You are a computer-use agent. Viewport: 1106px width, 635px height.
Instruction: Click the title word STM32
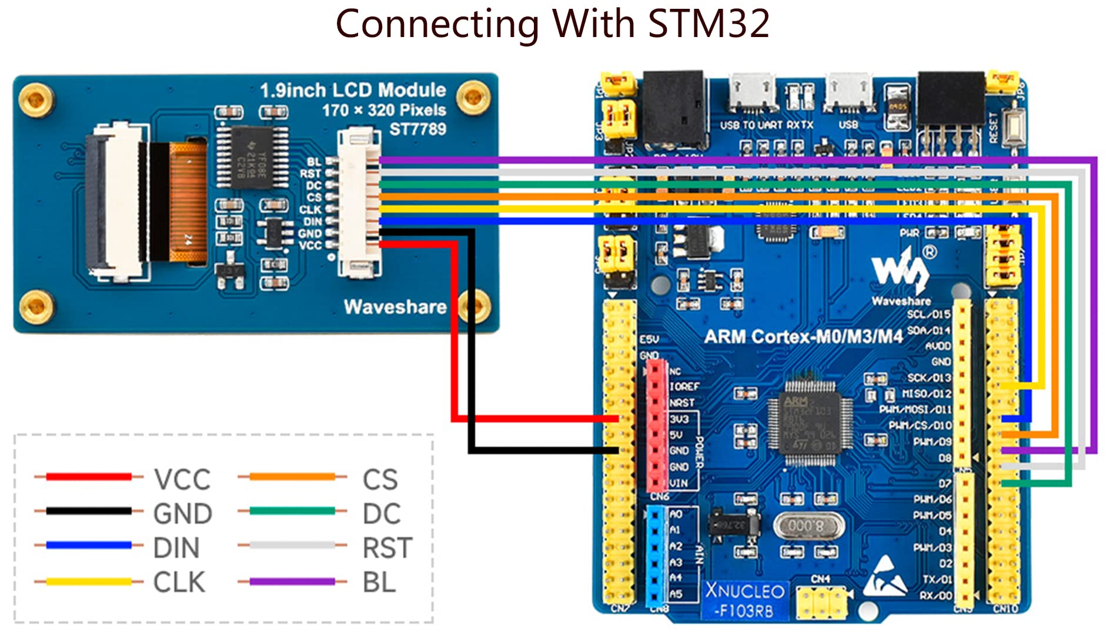[x=709, y=25]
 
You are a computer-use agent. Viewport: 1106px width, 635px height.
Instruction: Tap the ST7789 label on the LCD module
[x=417, y=129]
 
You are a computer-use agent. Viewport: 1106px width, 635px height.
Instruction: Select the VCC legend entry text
[x=182, y=480]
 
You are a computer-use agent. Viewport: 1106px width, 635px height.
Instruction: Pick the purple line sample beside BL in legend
[x=292, y=582]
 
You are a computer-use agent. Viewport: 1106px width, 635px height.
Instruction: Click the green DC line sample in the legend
[x=292, y=511]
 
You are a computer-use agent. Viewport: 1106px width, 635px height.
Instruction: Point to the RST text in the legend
[x=387, y=548]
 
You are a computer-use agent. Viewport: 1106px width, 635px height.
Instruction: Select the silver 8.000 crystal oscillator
[x=807, y=526]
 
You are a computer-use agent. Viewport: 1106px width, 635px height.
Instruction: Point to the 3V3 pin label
[x=679, y=419]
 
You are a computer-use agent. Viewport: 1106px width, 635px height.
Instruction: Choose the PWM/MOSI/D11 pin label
[x=915, y=409]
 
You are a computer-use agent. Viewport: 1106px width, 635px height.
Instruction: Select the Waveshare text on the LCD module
[x=395, y=307]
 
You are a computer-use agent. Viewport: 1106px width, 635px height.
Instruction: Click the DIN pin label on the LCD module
[x=312, y=222]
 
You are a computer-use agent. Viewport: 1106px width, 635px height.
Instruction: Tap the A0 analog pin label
[x=676, y=514]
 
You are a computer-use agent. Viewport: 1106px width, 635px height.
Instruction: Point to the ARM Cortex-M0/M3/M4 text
[x=803, y=337]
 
